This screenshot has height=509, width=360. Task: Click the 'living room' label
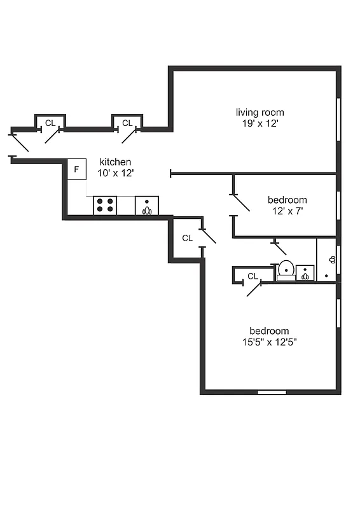pyautogui.click(x=260, y=113)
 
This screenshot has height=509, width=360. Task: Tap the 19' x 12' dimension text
pyautogui.click(x=260, y=124)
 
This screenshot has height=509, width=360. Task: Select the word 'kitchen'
pyautogui.click(x=115, y=162)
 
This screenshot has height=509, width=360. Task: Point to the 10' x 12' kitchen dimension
pyautogui.click(x=115, y=173)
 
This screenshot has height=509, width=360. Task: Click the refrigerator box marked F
pyautogui.click(x=76, y=169)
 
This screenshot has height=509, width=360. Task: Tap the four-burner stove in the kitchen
pyautogui.click(x=106, y=205)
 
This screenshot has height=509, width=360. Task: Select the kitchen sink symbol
pyautogui.click(x=147, y=206)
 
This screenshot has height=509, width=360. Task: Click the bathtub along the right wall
pyautogui.click(x=327, y=259)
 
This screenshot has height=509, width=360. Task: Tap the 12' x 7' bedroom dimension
pyautogui.click(x=287, y=211)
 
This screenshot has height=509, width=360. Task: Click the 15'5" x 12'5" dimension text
pyautogui.click(x=269, y=342)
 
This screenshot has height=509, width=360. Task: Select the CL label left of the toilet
pyautogui.click(x=253, y=276)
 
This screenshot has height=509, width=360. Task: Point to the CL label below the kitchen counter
pyautogui.click(x=187, y=238)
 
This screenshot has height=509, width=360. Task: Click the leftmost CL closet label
pyautogui.click(x=50, y=123)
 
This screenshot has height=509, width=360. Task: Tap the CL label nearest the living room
pyautogui.click(x=127, y=123)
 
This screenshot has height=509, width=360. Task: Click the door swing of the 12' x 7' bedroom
pyautogui.click(x=240, y=203)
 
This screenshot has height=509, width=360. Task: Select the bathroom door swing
pyautogui.click(x=280, y=249)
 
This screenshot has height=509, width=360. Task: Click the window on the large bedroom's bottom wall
pyautogui.click(x=272, y=392)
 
